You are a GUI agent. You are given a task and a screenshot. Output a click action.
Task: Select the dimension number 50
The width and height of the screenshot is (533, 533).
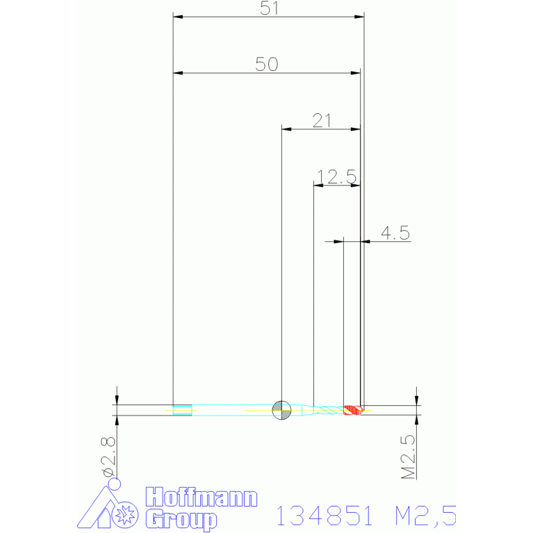pyautogui.click(x=267, y=64)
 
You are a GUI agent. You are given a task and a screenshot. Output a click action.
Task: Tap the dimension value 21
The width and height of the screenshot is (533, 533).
pyautogui.click(x=321, y=120)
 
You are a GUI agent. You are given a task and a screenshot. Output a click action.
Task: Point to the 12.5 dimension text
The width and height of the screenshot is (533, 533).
pyautogui.click(x=336, y=177)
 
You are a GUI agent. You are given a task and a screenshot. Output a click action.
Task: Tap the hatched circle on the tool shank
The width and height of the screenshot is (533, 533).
pyautogui.click(x=281, y=410)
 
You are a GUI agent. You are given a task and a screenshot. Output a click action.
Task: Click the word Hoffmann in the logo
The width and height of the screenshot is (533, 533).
pyautogui.click(x=201, y=498)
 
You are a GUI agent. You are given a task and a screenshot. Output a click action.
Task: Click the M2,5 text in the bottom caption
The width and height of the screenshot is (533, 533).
pyautogui.click(x=425, y=516)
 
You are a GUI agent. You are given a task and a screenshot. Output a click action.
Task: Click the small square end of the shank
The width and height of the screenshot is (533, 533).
pyautogui.click(x=182, y=410)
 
